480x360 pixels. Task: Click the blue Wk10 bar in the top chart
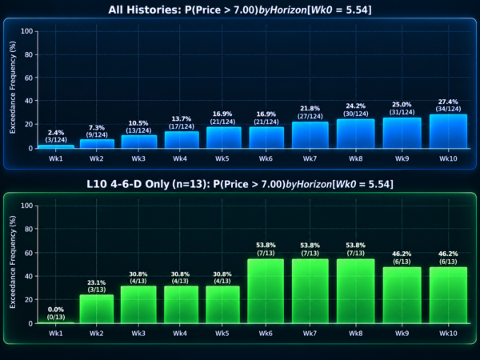click(x=448, y=131)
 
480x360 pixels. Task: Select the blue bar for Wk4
click(x=182, y=140)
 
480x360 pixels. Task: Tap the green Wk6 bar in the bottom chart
click(x=266, y=291)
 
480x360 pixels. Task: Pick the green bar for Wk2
click(x=97, y=309)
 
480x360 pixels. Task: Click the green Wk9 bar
click(x=402, y=295)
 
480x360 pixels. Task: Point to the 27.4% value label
click(x=448, y=102)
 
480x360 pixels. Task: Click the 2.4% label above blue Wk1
click(x=56, y=133)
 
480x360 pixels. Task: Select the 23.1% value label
click(x=97, y=282)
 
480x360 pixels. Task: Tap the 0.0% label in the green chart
click(x=56, y=310)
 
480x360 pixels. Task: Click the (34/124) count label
click(x=448, y=109)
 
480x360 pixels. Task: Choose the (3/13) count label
click(x=97, y=290)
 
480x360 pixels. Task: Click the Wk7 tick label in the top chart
click(x=310, y=158)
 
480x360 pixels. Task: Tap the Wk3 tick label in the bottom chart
click(x=138, y=333)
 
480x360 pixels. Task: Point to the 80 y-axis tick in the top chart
click(x=29, y=54)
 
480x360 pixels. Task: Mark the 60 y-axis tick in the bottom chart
click(x=29, y=253)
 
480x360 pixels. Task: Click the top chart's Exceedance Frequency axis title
click(x=12, y=87)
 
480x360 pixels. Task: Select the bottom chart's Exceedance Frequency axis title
click(x=12, y=262)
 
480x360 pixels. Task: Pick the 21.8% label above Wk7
click(x=310, y=109)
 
